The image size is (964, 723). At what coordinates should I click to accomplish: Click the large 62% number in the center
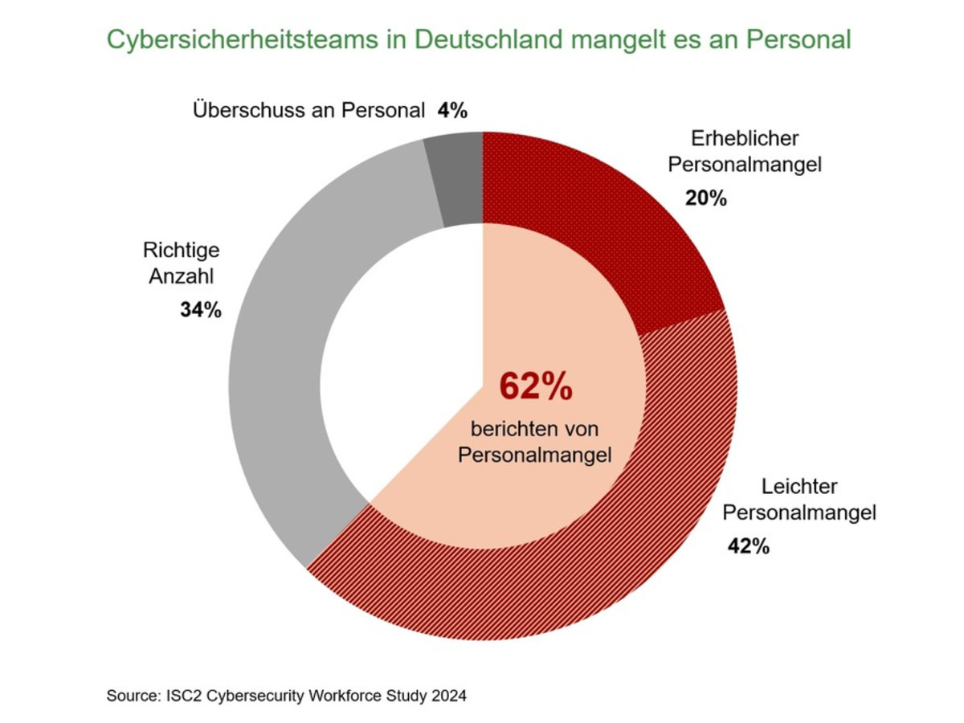coord(536,386)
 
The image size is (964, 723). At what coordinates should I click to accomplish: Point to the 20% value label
coord(705,198)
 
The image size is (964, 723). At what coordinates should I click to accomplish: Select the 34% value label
coord(200,310)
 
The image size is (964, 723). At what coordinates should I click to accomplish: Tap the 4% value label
coord(452,111)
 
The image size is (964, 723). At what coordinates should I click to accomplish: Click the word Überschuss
coord(248,111)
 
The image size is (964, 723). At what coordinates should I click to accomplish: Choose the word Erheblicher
coord(745,138)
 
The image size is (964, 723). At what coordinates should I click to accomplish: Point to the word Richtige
coord(182,250)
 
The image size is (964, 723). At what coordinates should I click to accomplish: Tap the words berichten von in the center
coord(535,427)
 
